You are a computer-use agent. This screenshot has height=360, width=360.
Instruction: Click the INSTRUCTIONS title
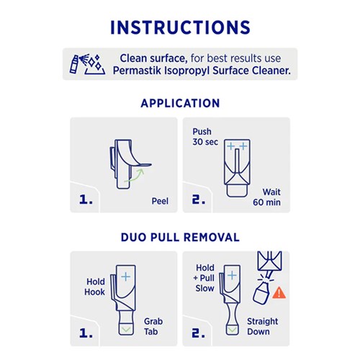[180, 27]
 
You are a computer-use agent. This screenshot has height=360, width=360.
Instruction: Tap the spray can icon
[74, 64]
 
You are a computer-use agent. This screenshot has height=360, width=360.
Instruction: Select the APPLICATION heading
[180, 104]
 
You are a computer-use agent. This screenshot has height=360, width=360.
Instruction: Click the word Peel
[160, 201]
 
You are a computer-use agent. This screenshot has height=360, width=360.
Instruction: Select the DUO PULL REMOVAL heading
[180, 237]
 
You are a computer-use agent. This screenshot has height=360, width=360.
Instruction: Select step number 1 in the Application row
[86, 199]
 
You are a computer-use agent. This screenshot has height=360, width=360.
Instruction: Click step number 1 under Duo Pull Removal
[86, 333]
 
